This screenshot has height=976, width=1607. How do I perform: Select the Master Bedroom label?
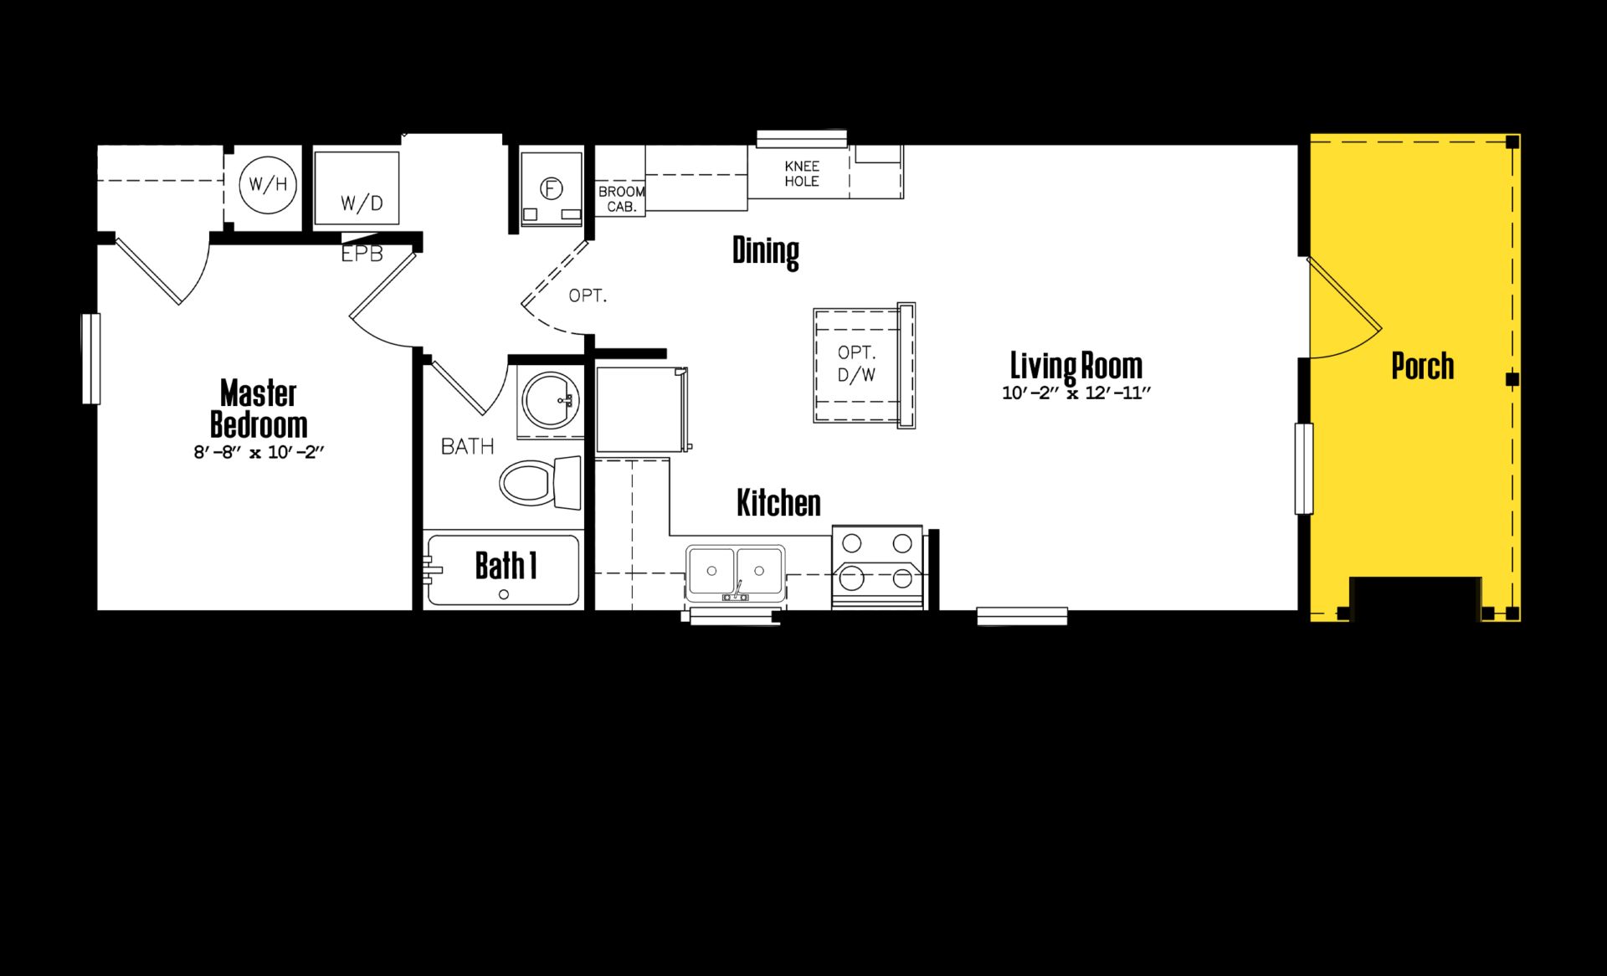259,408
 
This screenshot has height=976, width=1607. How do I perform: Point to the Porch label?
1422,366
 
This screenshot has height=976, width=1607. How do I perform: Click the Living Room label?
1076,366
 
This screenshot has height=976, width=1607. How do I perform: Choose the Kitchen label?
778,502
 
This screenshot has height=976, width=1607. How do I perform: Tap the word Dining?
766,250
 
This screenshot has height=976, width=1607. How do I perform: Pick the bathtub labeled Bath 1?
502,570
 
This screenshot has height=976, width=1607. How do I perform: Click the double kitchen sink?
736,573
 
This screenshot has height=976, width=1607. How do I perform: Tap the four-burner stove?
877,567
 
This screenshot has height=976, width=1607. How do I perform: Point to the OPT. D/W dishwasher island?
864,366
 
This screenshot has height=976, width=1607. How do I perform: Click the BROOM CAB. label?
621,199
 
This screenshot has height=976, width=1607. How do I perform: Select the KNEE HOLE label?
802,173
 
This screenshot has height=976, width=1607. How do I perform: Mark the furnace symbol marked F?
550,189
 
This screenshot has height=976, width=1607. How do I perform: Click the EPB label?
362,254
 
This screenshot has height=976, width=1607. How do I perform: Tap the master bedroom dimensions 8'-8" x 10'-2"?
259,453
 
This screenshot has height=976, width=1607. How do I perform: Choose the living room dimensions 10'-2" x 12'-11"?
1076,393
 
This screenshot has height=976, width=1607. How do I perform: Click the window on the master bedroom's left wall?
90,358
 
